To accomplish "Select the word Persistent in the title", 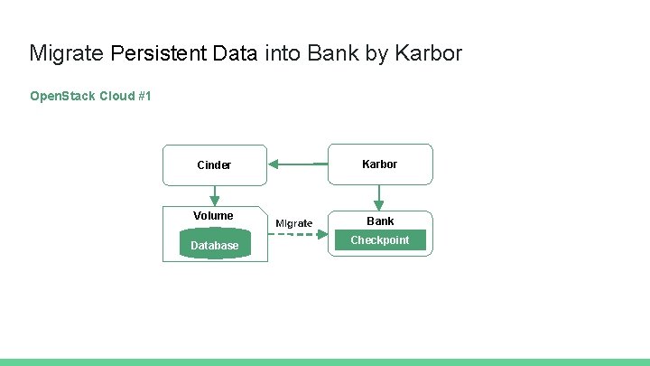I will pyautogui.click(x=159, y=53).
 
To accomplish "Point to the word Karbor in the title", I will pyautogui.click(x=430, y=53).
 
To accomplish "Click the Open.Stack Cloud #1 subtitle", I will pyautogui.click(x=90, y=95).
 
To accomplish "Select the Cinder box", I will pyautogui.click(x=214, y=164).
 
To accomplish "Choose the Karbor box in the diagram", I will pyautogui.click(x=379, y=164).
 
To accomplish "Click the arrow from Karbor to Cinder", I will pyautogui.click(x=298, y=164).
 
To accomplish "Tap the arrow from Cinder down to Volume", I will pyautogui.click(x=214, y=195).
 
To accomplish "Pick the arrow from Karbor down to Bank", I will pyautogui.click(x=379, y=196).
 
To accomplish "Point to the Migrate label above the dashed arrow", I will pyautogui.click(x=294, y=222).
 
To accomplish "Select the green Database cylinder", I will pyautogui.click(x=215, y=245).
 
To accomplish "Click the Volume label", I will pyautogui.click(x=213, y=215).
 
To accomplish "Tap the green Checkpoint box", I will pyautogui.click(x=380, y=240).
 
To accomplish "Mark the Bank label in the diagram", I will pyautogui.click(x=380, y=221).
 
